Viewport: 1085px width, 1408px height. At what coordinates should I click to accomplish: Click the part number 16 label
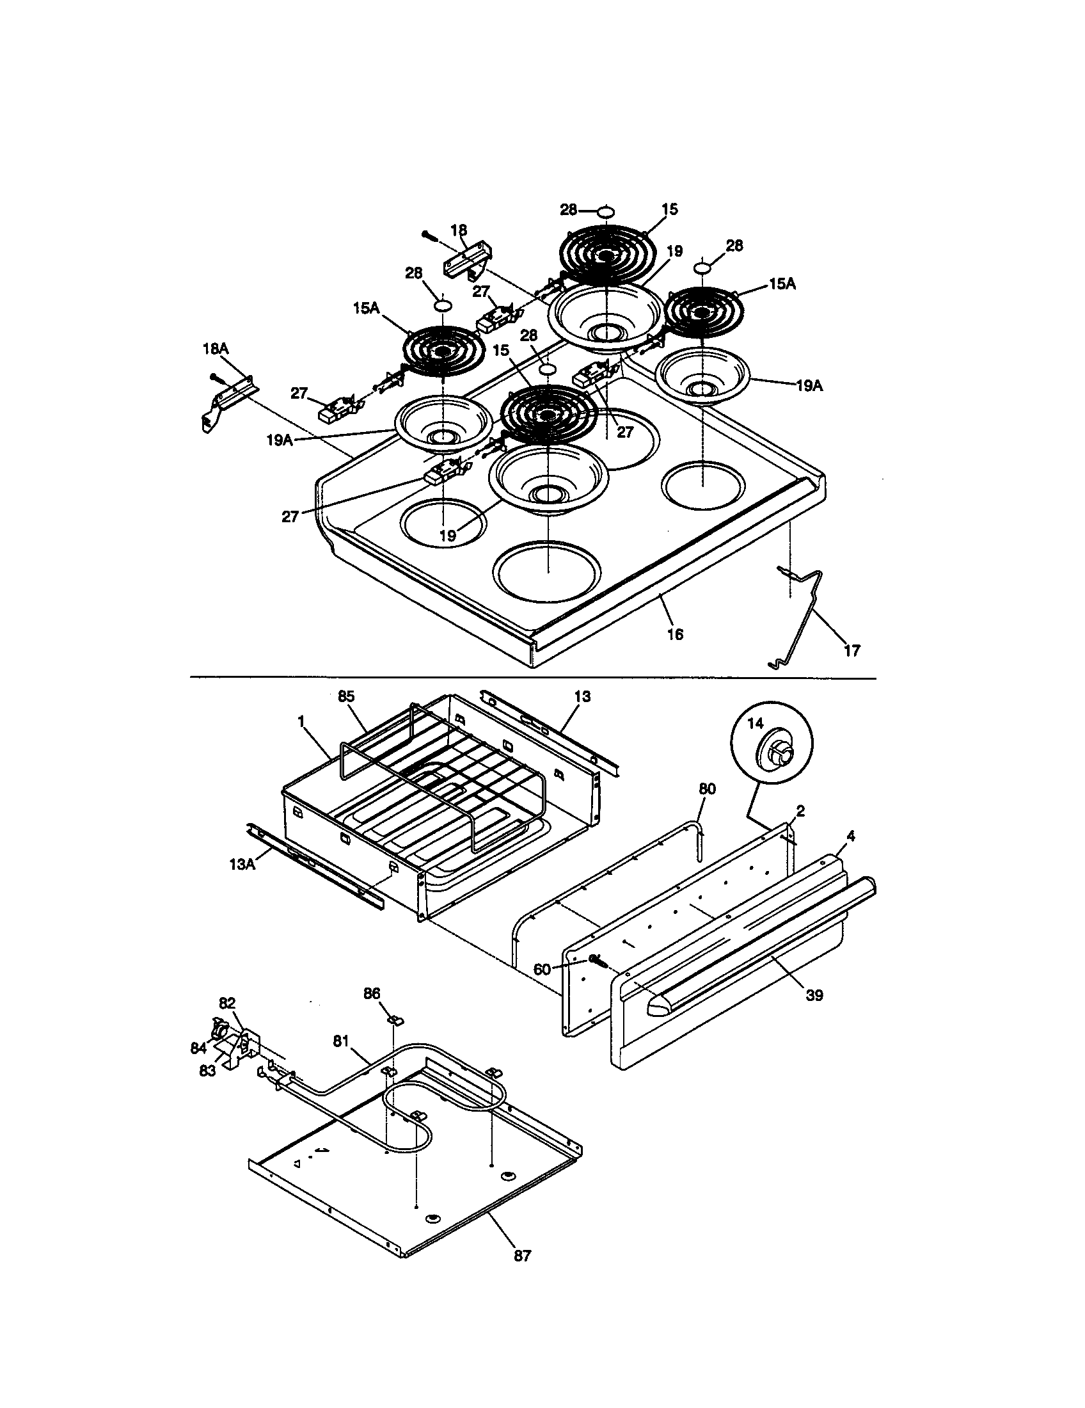[x=674, y=634]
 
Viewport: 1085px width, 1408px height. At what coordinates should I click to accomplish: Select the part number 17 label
[x=851, y=651]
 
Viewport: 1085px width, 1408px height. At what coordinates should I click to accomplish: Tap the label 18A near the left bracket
[x=215, y=349]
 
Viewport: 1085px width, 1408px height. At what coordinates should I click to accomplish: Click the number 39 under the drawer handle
[x=814, y=995]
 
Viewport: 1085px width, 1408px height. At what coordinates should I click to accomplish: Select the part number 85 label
[x=346, y=696]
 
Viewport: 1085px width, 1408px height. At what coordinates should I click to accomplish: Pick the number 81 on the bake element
[x=342, y=1040]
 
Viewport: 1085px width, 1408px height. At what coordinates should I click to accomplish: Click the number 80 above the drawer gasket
[x=707, y=789]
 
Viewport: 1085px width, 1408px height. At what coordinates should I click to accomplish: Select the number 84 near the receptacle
[x=198, y=1048]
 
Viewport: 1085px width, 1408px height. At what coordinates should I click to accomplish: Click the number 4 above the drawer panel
[x=850, y=836]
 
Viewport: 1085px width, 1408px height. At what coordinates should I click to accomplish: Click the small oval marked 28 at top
[x=605, y=211]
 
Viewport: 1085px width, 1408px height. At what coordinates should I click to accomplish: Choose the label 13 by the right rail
[x=582, y=696]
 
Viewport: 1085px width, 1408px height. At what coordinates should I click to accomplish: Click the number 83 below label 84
[x=207, y=1070]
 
